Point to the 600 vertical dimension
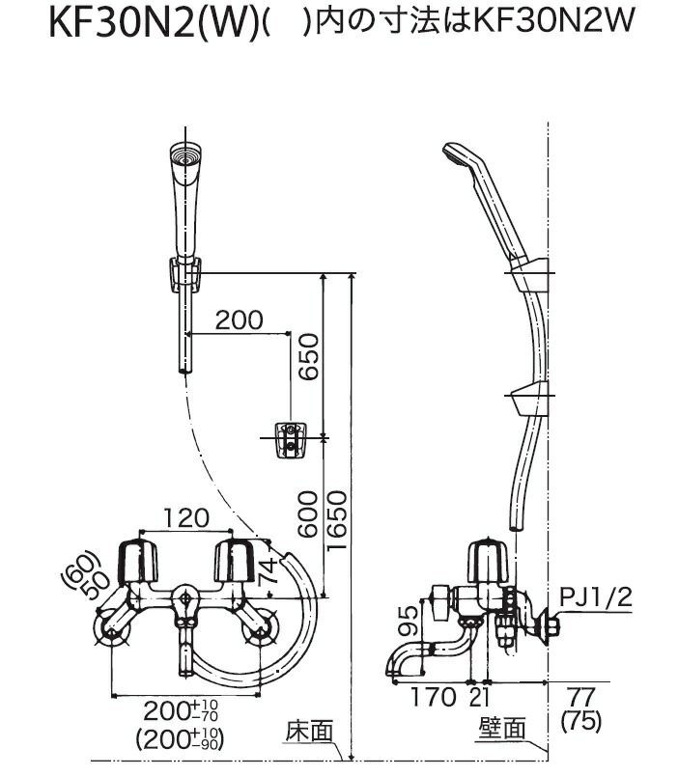(306, 516)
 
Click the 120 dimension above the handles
(185, 517)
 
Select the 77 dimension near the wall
(579, 695)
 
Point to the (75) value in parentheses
(579, 719)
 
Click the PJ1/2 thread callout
(595, 598)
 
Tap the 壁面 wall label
(502, 731)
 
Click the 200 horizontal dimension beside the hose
(240, 320)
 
